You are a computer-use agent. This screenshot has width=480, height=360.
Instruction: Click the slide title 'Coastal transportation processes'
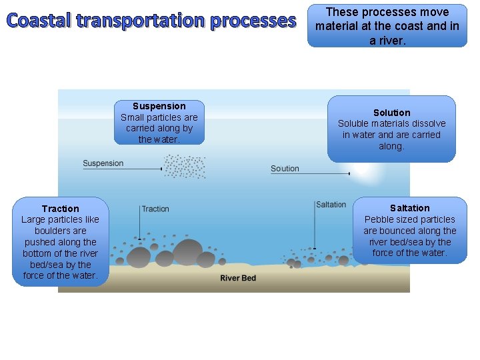click(152, 21)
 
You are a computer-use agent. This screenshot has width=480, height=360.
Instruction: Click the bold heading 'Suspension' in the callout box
click(159, 106)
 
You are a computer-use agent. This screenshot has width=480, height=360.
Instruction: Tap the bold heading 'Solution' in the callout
click(391, 113)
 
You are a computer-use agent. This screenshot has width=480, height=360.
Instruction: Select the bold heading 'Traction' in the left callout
click(60, 209)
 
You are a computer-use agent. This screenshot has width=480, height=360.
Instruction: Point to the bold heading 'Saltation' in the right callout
click(409, 208)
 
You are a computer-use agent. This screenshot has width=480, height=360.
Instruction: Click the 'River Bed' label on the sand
click(238, 277)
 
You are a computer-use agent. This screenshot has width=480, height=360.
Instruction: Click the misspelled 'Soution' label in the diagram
click(285, 169)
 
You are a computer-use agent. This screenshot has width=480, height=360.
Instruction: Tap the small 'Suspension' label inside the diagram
click(103, 163)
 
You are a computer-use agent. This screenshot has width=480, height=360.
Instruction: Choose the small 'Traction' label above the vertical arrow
click(155, 209)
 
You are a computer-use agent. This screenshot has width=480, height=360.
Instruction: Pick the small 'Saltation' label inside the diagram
click(331, 205)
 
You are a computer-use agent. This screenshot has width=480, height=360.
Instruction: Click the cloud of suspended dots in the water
click(185, 167)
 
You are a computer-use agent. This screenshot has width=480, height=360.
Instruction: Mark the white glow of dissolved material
click(363, 172)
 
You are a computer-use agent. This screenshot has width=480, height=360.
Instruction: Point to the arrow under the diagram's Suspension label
click(123, 169)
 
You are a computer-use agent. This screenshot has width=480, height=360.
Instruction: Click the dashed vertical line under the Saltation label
click(315, 227)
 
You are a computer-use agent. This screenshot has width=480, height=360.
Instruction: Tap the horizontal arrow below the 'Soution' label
click(311, 174)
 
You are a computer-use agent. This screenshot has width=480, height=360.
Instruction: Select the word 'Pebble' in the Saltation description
click(379, 219)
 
